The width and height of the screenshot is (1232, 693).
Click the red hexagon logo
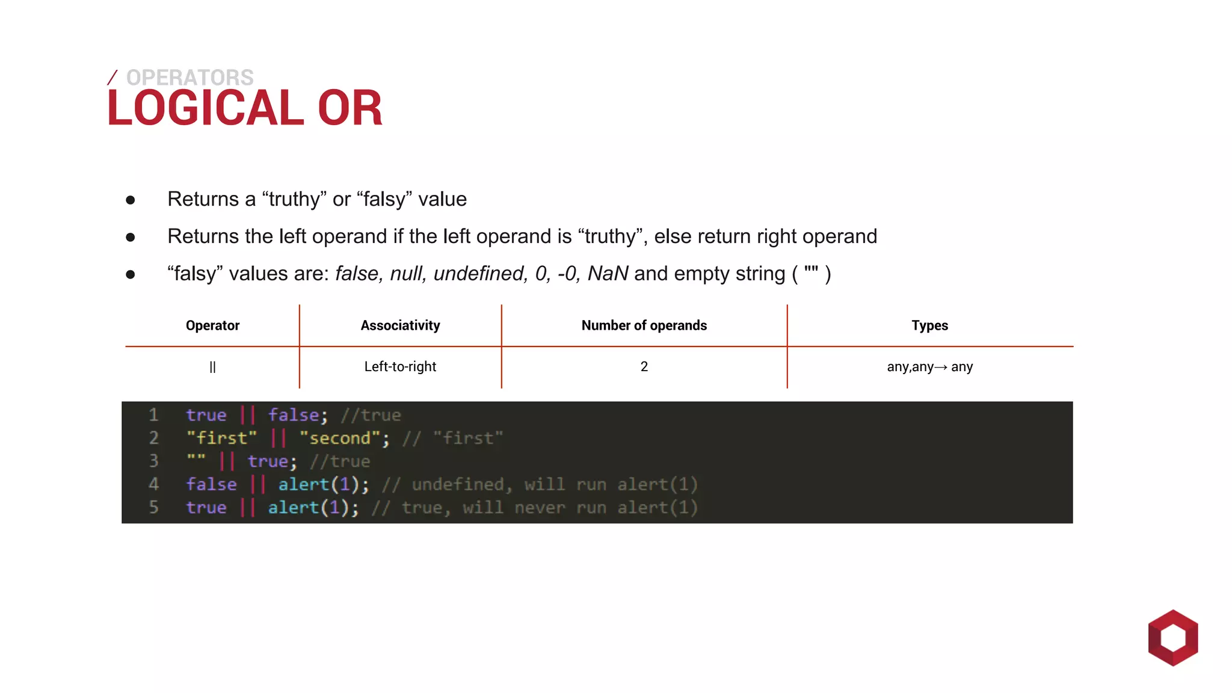coord(1172,638)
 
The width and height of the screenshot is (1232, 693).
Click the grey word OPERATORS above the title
coord(189,78)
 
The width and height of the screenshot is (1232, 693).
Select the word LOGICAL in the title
coord(205,108)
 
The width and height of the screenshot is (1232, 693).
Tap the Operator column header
coord(212,325)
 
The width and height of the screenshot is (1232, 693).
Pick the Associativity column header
coord(400,325)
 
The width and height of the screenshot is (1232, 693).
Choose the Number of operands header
coord(644,325)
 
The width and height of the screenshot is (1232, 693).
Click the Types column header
coord(929,325)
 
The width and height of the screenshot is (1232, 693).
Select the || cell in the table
coord(212,367)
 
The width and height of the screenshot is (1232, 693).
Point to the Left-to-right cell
coord(400,366)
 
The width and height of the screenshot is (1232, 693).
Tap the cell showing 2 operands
coord(644,366)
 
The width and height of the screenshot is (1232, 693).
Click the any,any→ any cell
coord(929,366)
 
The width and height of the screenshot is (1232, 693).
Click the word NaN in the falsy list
coord(608,274)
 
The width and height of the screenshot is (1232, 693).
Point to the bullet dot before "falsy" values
coord(131,275)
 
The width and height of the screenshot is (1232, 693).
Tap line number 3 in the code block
coord(154,461)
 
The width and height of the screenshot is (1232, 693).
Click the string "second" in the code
coord(340,438)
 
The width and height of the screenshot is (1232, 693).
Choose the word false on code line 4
coord(211,484)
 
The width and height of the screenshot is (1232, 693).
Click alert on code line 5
coord(293,508)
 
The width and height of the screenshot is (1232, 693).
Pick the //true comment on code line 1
coord(371,415)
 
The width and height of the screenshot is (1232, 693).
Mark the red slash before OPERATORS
coord(112,78)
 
